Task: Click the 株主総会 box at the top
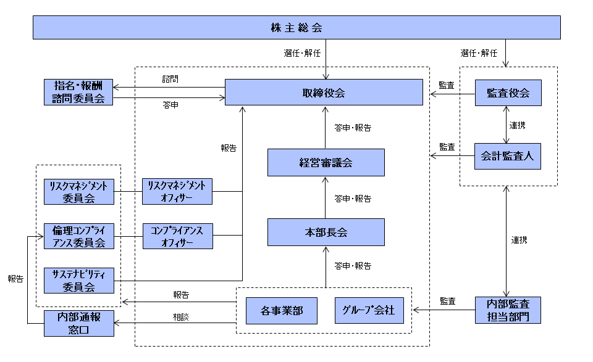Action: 296,28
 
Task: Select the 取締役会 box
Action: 324,93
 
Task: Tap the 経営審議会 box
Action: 326,163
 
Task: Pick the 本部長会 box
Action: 326,232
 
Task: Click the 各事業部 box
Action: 282,310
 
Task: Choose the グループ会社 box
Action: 369,310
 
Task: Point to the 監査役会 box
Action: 508,93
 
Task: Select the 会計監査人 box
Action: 508,156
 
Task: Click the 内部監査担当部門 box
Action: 508,310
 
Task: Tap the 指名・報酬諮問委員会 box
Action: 78,92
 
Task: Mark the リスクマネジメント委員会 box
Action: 78,191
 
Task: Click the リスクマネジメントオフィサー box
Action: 177,191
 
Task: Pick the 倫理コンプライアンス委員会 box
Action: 78,236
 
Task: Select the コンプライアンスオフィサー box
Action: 177,236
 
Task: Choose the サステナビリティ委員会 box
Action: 78,281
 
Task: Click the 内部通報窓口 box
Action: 78,323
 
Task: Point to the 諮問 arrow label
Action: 170,80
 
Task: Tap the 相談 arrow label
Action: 181,316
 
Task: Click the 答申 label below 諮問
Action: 170,105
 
